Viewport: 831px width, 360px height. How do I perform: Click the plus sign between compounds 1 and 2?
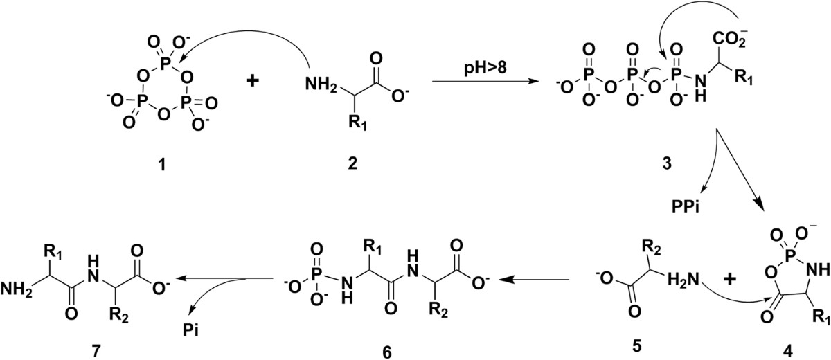pyautogui.click(x=254, y=81)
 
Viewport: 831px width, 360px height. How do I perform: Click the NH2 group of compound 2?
pyautogui.click(x=319, y=85)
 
